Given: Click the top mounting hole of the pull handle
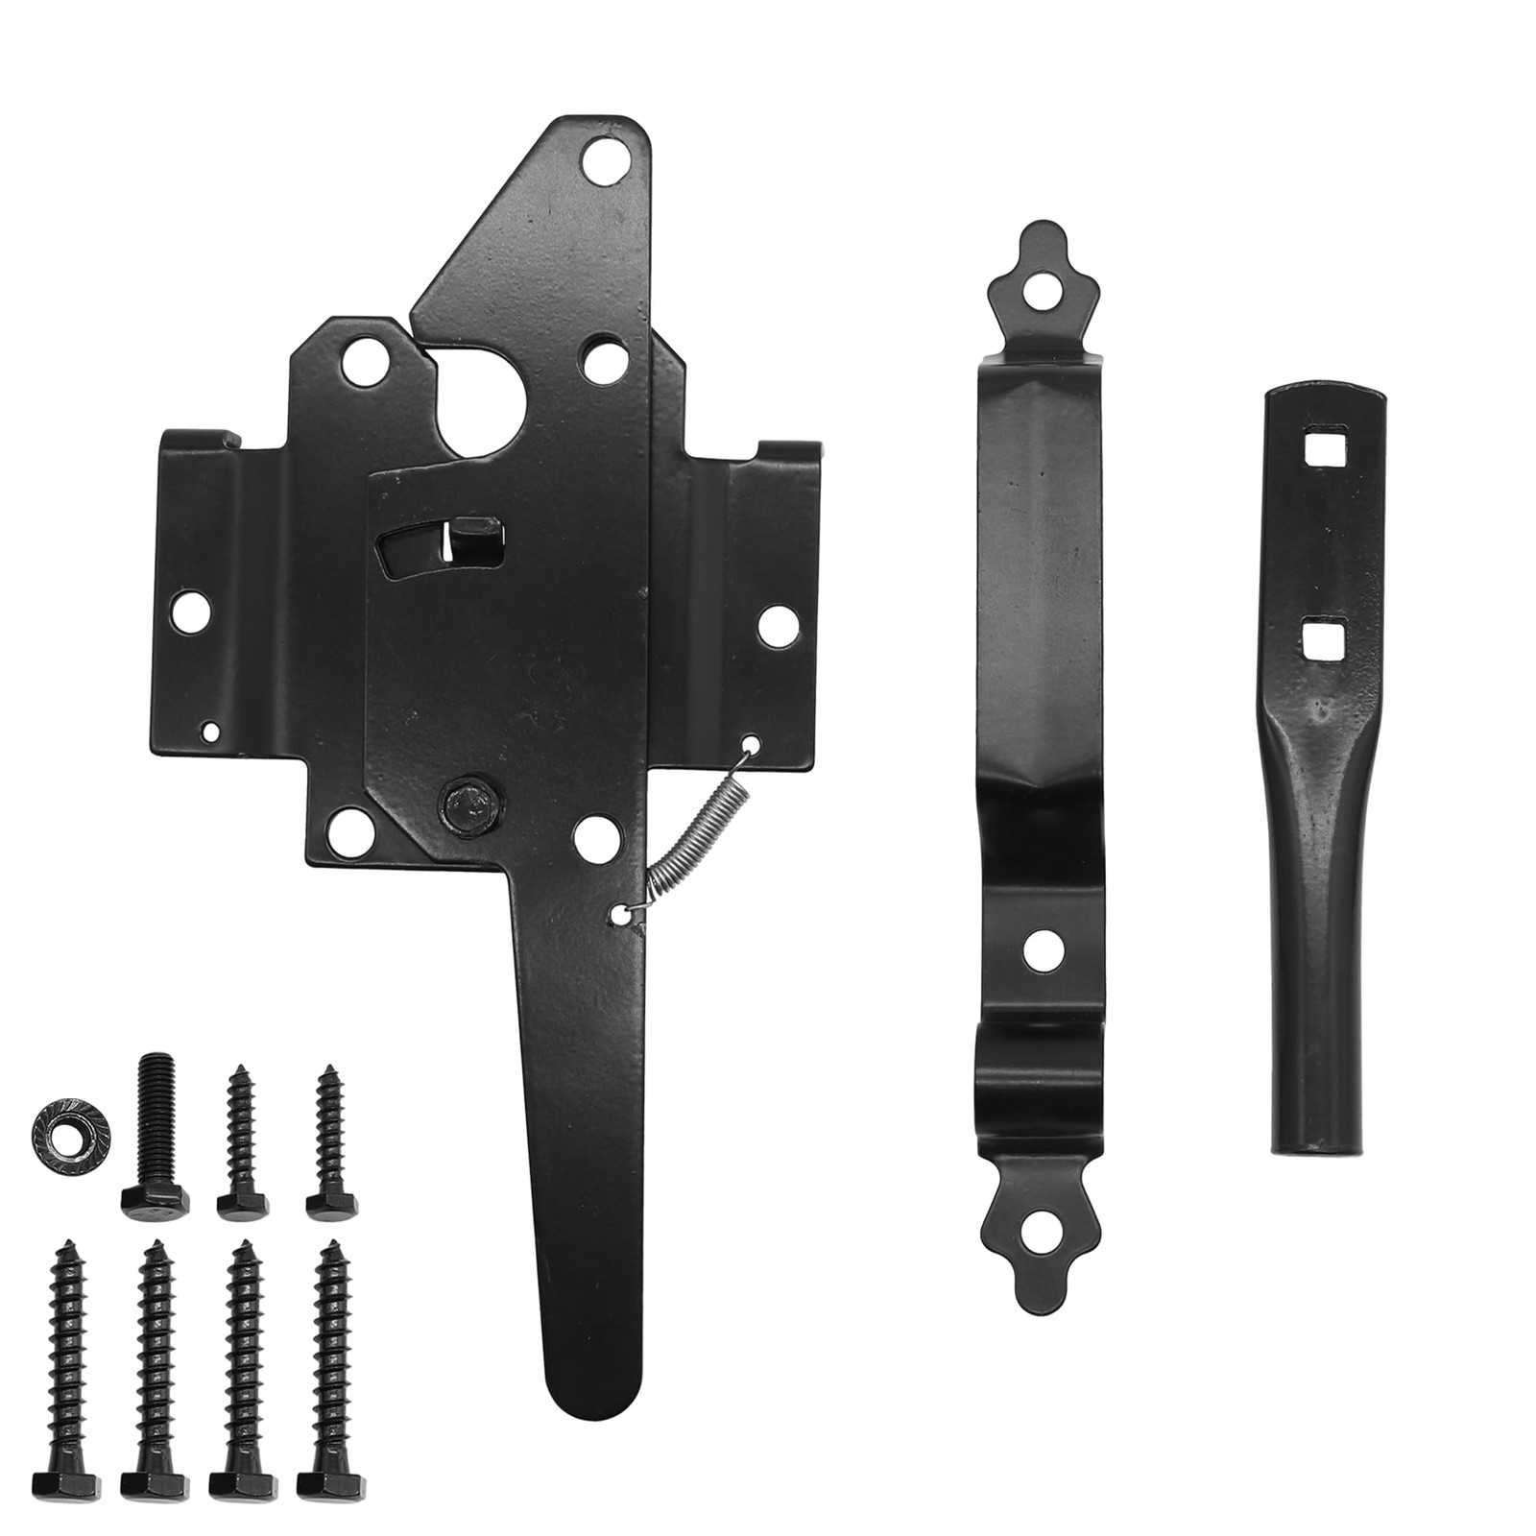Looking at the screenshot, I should pos(1041,285).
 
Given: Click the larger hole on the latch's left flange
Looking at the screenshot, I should pos(191,610).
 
